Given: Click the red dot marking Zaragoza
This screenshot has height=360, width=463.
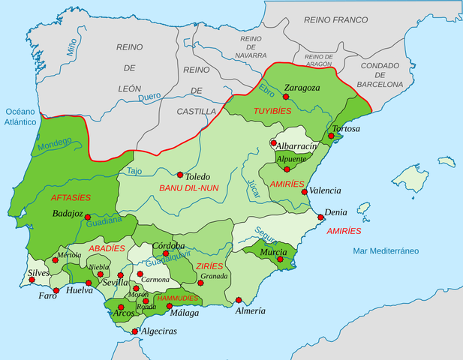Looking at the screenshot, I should (x=285, y=97).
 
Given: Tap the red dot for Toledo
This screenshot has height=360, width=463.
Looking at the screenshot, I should (x=180, y=174).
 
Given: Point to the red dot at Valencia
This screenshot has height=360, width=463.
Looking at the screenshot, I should (x=304, y=191).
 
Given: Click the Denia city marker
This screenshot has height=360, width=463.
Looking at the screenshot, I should (x=321, y=217).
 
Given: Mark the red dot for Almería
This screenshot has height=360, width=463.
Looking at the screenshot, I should (x=239, y=300).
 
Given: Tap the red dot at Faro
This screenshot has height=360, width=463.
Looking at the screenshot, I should (x=56, y=290).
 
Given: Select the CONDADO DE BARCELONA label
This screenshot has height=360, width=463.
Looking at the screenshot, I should (x=380, y=75).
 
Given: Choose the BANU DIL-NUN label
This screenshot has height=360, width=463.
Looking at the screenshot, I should (x=188, y=187).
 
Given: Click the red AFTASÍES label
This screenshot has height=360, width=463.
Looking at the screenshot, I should (x=70, y=197).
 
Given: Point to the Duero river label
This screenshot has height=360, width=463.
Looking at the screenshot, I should (x=150, y=97).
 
